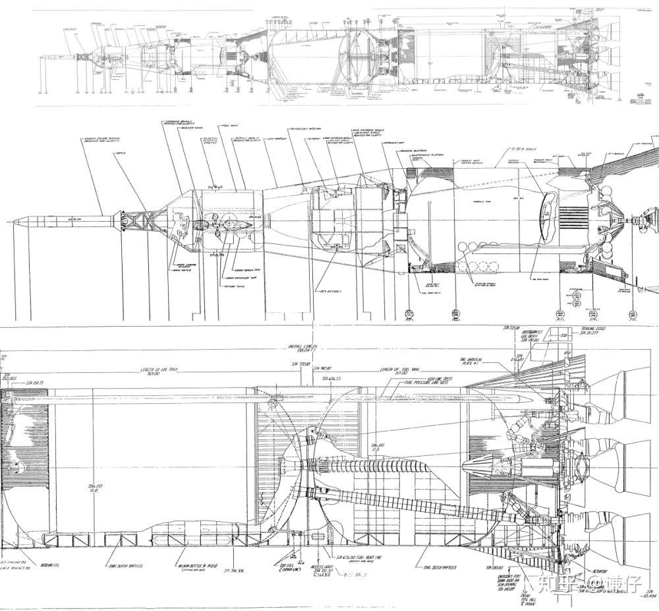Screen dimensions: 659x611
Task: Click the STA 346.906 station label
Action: tap(238, 568)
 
